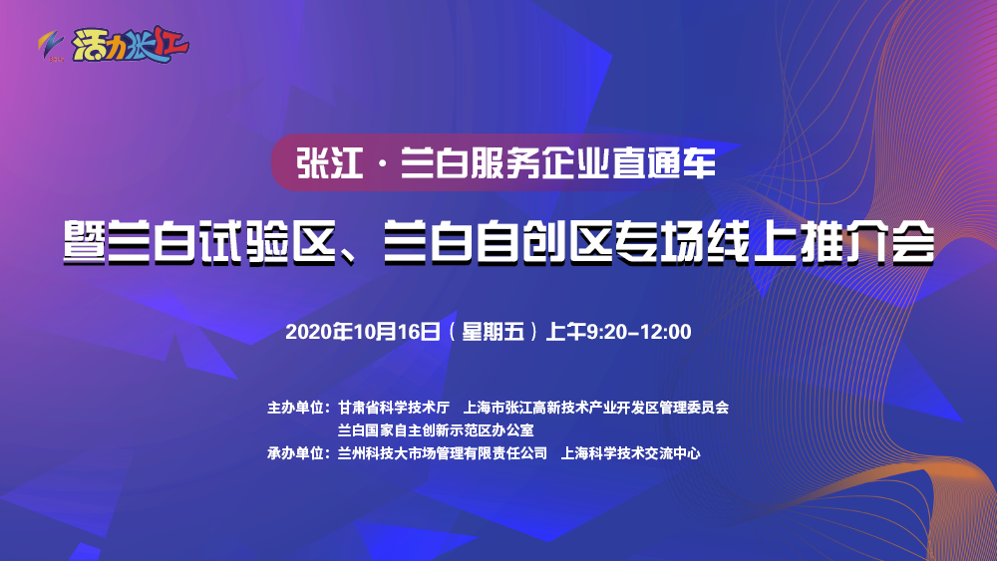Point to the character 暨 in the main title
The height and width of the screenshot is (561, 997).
click(82, 242)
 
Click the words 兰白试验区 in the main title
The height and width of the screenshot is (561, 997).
click(225, 242)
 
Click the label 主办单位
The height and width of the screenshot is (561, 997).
click(297, 408)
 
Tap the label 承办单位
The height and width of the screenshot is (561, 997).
click(297, 453)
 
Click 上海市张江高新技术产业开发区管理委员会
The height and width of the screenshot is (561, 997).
click(604, 408)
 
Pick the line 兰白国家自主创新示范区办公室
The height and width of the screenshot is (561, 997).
click(437, 430)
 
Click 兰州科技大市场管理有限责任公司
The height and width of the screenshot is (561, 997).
click(443, 453)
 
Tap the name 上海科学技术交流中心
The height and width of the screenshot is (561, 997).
click(631, 453)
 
